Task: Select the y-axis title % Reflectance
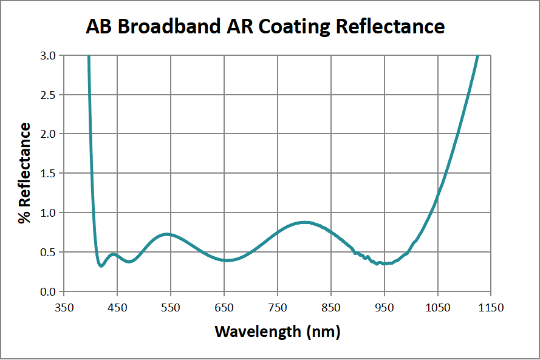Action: (x=25, y=173)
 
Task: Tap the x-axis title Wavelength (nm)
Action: (x=277, y=331)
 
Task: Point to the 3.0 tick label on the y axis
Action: (x=47, y=55)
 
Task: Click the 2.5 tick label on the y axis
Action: (x=47, y=95)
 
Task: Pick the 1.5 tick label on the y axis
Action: (x=47, y=173)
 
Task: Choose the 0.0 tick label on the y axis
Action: (x=47, y=291)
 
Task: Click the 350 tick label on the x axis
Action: (x=64, y=308)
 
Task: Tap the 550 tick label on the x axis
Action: (x=171, y=308)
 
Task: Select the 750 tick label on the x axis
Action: (x=278, y=308)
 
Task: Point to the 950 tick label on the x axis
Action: (x=384, y=308)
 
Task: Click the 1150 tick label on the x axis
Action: (x=491, y=308)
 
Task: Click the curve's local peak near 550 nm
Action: (x=168, y=234)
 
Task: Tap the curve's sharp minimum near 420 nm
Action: (x=101, y=266)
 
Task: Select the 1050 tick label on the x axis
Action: (x=437, y=308)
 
